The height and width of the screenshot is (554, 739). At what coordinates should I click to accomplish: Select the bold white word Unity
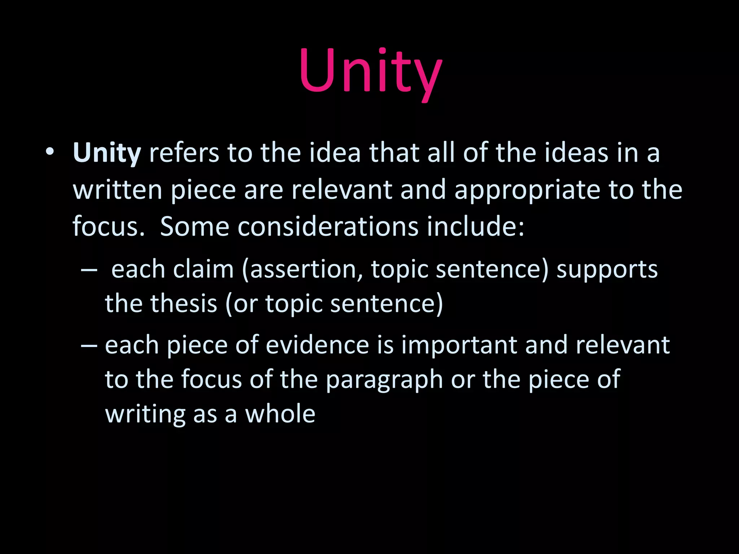pyautogui.click(x=107, y=153)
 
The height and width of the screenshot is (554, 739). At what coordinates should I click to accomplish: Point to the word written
pyautogui.click(x=117, y=190)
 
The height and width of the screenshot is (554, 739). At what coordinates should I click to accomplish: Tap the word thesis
pyautogui.click(x=184, y=304)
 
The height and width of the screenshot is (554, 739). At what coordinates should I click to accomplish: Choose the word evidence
pyautogui.click(x=318, y=346)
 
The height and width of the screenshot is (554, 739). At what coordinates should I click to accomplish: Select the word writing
pyautogui.click(x=145, y=415)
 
